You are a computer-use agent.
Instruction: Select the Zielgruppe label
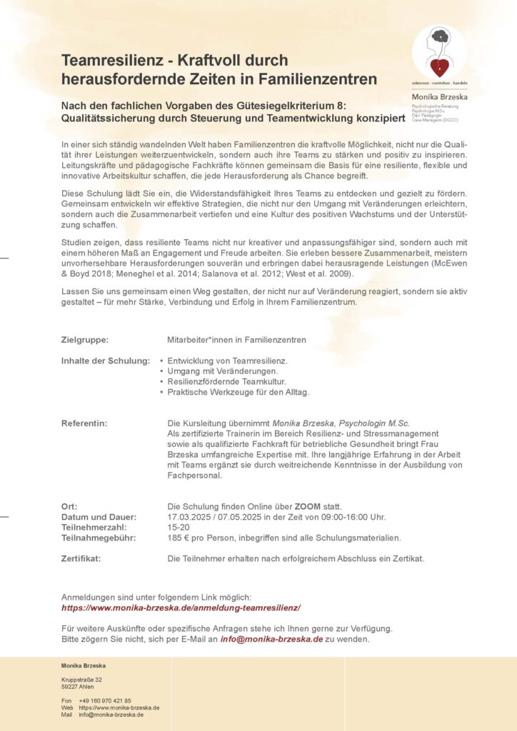[x=85, y=340]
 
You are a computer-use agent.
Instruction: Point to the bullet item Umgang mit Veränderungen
[x=222, y=371]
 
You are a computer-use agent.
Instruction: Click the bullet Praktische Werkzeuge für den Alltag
[x=238, y=392]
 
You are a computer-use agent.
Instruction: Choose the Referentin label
[x=84, y=423]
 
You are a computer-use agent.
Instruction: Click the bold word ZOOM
[x=307, y=506]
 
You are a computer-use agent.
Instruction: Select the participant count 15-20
[x=179, y=527]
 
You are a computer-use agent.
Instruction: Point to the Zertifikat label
[x=81, y=558]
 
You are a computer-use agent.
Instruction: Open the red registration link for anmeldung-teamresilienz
[x=181, y=608]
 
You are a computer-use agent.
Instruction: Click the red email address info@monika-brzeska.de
[x=271, y=639]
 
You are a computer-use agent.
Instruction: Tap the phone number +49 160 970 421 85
[x=105, y=700]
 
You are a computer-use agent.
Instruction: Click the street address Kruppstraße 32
[x=81, y=680]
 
